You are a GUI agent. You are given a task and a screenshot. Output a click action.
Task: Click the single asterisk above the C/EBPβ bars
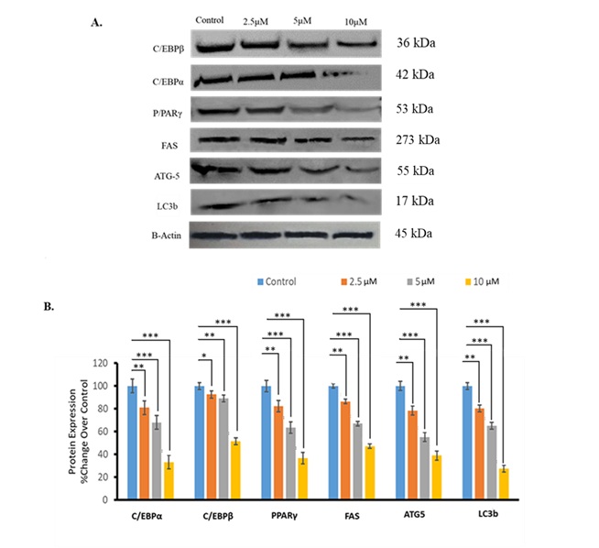pyautogui.click(x=204, y=379)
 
